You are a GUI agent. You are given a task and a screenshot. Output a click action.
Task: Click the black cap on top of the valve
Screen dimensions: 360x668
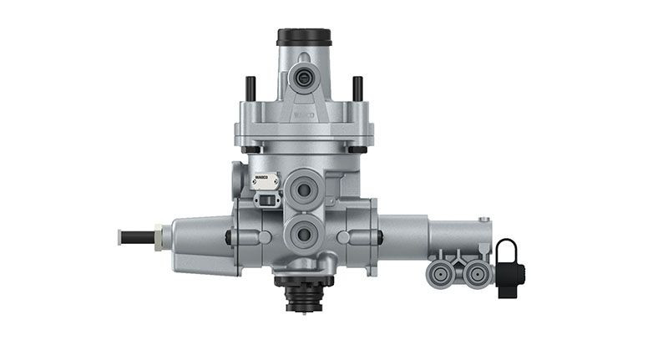coord(304,37)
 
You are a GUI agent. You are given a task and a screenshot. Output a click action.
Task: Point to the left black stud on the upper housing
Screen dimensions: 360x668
coord(250,89)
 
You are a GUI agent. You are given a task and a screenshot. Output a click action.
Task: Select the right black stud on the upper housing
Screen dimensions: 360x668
coord(357,89)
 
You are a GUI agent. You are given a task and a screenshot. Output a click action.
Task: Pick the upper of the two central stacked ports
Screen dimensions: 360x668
coord(303,190)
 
